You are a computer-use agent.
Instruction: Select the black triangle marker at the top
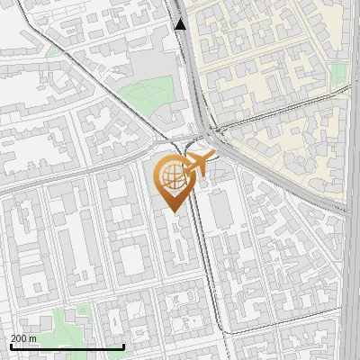pyautogui.click(x=181, y=24)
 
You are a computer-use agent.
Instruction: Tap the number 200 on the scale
pyautogui.click(x=20, y=338)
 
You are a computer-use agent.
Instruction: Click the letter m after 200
pyautogui.click(x=33, y=338)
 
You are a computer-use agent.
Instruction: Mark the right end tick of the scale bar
pyautogui.click(x=122, y=346)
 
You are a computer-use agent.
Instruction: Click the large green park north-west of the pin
pyautogui.click(x=144, y=91)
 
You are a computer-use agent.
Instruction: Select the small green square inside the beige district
pyautogui.click(x=338, y=76)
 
